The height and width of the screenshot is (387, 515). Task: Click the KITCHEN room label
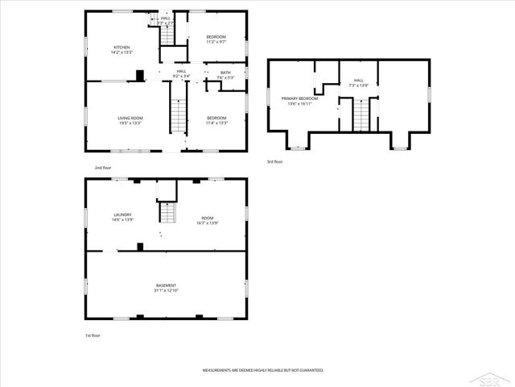[x=122, y=48]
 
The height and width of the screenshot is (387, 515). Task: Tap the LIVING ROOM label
[x=130, y=119]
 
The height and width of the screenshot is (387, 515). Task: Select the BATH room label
[x=225, y=73]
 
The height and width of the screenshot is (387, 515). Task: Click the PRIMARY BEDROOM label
[x=299, y=98]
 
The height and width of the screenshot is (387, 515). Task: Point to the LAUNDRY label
[x=122, y=214]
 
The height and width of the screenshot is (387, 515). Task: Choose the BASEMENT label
[x=166, y=285]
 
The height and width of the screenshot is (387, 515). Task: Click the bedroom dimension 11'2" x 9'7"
[x=216, y=42]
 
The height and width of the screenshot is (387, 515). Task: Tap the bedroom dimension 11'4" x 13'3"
[x=216, y=123]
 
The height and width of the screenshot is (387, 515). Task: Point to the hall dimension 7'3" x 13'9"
[x=359, y=85]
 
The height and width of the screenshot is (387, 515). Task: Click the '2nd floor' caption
[x=102, y=167]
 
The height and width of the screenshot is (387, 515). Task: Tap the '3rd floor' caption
[x=275, y=161]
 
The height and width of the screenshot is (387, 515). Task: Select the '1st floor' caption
[x=93, y=335]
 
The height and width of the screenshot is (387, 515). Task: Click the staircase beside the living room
[x=177, y=117]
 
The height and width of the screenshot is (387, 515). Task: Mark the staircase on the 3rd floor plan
[x=365, y=114]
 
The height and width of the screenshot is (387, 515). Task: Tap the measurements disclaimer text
[x=262, y=370]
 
